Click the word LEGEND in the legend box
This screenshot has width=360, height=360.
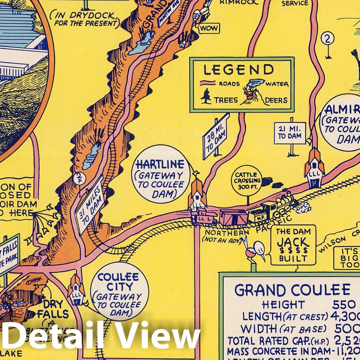(238, 70)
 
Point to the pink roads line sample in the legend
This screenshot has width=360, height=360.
(208, 83)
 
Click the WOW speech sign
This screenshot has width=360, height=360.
(209, 28)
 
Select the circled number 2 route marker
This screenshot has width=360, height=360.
(327, 39)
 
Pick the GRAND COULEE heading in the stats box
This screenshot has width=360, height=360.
(292, 290)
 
